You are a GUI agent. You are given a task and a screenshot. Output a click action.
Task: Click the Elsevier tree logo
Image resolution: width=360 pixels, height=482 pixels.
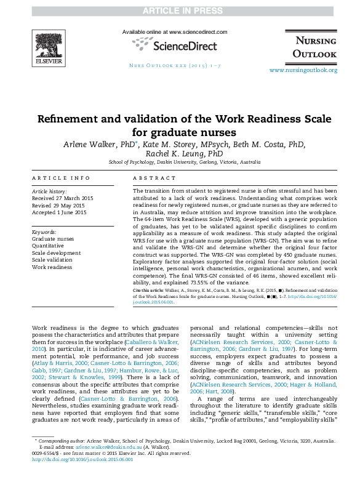(x=49, y=42)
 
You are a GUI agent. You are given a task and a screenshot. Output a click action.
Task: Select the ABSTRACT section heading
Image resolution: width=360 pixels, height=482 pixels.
(x=150, y=178)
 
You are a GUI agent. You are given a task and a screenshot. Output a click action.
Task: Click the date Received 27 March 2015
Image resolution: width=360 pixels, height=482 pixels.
(x=63, y=199)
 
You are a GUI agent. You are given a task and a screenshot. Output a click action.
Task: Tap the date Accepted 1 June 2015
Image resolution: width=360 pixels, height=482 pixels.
(x=59, y=212)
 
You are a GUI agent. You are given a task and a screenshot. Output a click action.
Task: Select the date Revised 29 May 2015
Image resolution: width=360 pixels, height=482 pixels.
(x=59, y=206)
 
